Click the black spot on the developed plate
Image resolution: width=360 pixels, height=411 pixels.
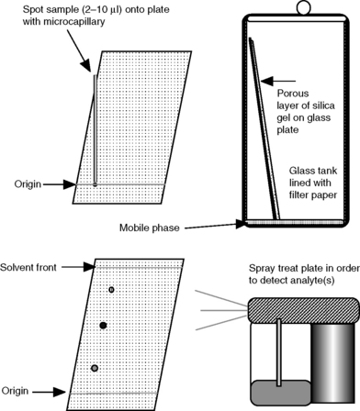point(103,326)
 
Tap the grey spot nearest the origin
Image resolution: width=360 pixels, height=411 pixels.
point(95,368)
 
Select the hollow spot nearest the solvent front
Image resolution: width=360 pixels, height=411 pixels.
point(111,289)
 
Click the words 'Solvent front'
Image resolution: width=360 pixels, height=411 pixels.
point(28,267)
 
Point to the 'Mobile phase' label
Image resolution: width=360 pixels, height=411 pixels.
point(150,228)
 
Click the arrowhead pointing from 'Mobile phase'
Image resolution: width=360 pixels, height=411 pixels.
point(241,225)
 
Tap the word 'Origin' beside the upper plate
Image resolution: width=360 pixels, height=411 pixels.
point(28,184)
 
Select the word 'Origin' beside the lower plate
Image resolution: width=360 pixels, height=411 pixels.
point(15,391)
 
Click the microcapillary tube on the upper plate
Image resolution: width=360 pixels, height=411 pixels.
point(96,128)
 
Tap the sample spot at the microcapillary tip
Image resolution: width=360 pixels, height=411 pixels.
point(96,184)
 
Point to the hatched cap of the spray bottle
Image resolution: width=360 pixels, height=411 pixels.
point(303,310)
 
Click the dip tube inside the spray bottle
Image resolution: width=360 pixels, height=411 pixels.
point(279,352)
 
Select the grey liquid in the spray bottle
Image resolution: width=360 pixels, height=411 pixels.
point(281,395)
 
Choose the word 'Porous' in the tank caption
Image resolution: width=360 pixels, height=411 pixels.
point(293,94)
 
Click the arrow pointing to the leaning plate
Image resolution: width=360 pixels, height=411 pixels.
point(278,82)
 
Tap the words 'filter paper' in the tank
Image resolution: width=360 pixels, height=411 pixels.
point(313,194)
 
